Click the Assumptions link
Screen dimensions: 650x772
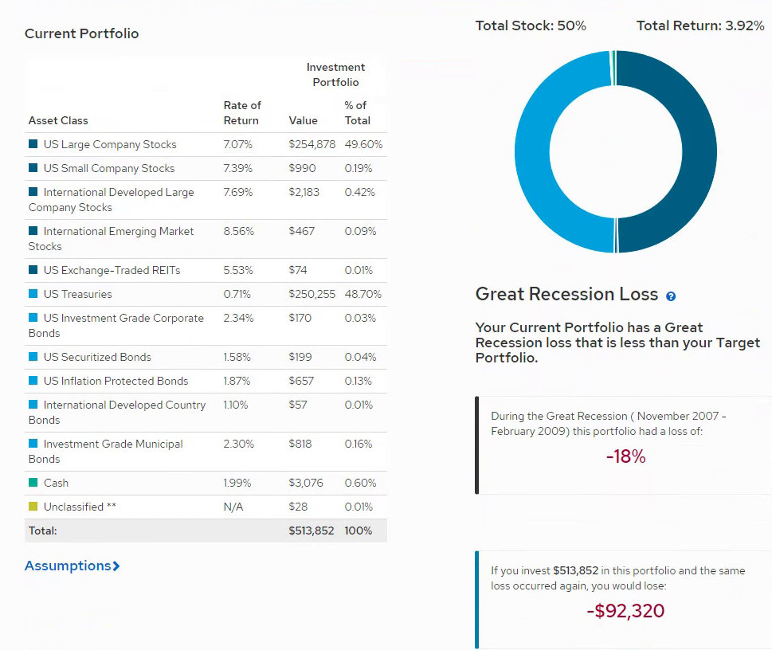pos(72,566)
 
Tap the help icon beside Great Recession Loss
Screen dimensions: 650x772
pos(671,296)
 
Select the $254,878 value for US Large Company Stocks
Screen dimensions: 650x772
pos(312,144)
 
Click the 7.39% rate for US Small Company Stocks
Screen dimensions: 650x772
pos(237,168)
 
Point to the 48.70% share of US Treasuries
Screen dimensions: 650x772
pos(362,294)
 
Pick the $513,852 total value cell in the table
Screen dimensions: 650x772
pos(311,531)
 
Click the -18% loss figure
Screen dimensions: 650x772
pos(625,457)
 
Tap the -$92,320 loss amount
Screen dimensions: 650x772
pos(625,611)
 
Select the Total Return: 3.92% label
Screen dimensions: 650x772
pos(700,25)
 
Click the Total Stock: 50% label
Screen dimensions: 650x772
pos(531,25)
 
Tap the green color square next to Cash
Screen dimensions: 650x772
pos(33,483)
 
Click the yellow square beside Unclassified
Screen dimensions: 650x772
pos(33,507)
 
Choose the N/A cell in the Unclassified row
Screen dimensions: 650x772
pos(233,507)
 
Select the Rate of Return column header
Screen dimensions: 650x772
pos(241,113)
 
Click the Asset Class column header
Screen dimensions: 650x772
pos(58,120)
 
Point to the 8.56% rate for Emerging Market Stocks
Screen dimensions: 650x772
pos(238,231)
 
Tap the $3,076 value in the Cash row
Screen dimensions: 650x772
pos(306,483)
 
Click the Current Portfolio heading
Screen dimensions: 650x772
pos(81,33)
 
